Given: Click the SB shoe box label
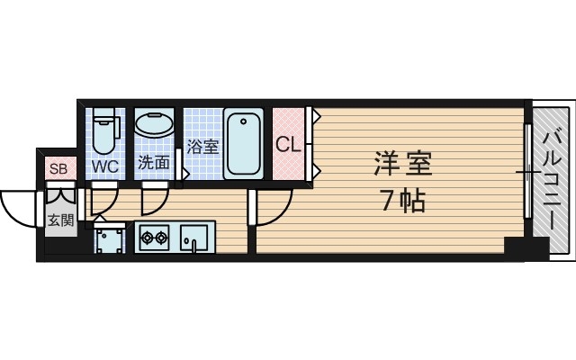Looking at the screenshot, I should coord(58,168).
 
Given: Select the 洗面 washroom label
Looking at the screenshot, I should coord(153,163).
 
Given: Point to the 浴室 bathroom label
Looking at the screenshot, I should coord(202,147).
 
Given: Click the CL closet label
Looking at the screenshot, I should coord(287,144).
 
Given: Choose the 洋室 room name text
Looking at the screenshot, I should coord(403,166).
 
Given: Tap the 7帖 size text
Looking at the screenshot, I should coord(402,201).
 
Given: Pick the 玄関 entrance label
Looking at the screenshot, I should coord(60,220).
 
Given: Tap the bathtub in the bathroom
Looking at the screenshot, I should coord(243,144).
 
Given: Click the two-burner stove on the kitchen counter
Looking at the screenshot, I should coord(152,238).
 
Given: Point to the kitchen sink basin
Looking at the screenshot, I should coord(193,239).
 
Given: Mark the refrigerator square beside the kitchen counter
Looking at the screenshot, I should coord(112,239).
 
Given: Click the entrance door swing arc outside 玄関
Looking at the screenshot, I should coord(18,205).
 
